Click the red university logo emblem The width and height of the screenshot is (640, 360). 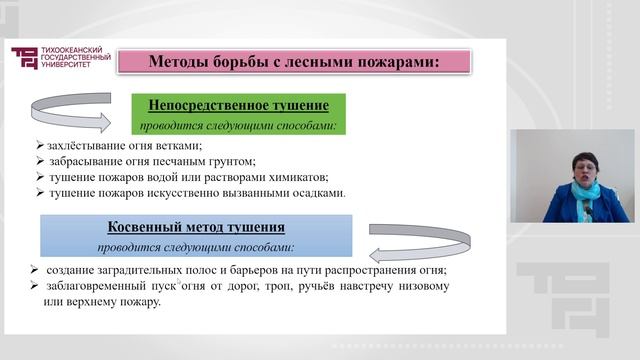tap(23, 58)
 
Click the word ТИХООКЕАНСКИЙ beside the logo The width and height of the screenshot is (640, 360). tap(73, 50)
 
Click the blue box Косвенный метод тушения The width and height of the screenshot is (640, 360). tap(196, 235)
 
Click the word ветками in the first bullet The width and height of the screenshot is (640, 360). tap(182, 145)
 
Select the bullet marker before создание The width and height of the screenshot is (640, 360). tap(34, 271)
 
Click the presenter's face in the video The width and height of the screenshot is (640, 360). tap(582, 163)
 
